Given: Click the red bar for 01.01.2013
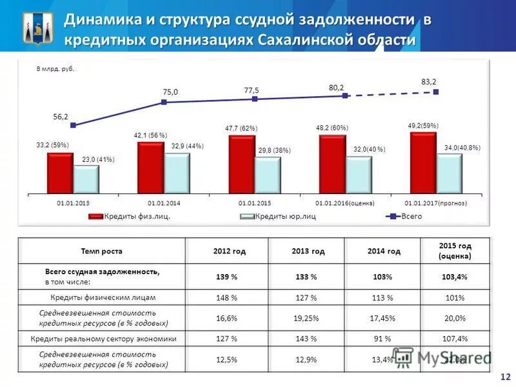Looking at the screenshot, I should (60, 172).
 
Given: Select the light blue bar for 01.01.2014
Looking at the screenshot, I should (177, 173).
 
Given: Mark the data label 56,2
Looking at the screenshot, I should (61, 116).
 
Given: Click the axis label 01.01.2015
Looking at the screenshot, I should (255, 203).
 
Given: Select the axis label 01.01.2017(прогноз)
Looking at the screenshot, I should (435, 203).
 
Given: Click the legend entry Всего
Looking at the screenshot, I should (411, 216).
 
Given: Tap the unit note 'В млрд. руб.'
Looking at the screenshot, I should (55, 69).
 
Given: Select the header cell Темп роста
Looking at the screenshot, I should (101, 251).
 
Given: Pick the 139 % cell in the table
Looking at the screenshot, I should (226, 277).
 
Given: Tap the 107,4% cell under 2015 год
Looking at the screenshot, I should (455, 338).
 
